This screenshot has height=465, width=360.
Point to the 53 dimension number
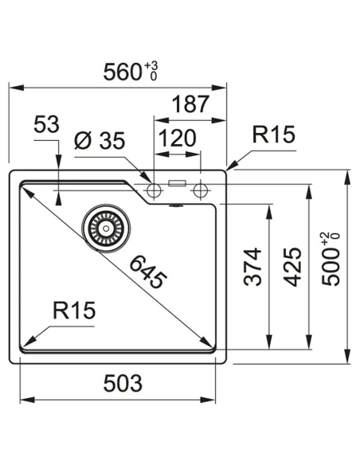pos(48,125)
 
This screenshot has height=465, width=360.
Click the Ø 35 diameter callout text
pos(100,141)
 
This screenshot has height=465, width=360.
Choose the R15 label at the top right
pos(273,135)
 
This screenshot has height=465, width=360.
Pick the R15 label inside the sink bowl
pos(74,310)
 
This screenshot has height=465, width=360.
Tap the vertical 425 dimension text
pos(292,267)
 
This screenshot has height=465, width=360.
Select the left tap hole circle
pos(154,189)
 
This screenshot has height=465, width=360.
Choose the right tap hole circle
pos(201,189)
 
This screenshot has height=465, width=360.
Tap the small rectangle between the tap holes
pos(177,183)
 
